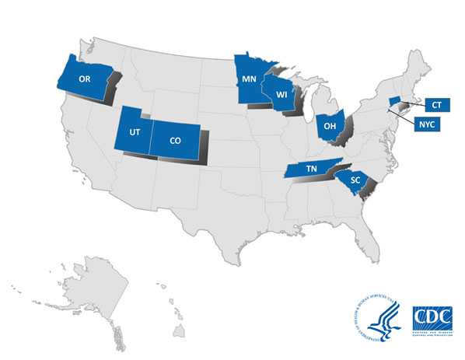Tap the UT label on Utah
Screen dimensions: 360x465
[x=134, y=132]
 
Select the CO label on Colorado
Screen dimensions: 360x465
[x=177, y=142]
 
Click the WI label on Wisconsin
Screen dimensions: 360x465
[x=281, y=97]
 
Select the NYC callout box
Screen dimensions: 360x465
[x=428, y=124]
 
